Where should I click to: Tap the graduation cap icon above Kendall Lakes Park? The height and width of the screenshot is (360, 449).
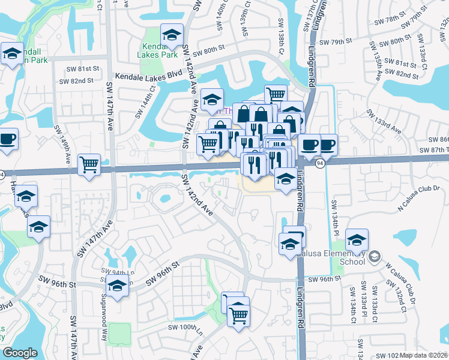(x=172, y=35)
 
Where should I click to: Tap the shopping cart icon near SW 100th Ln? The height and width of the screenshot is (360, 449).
(x=239, y=315)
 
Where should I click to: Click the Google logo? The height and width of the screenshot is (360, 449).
(x=20, y=353)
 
